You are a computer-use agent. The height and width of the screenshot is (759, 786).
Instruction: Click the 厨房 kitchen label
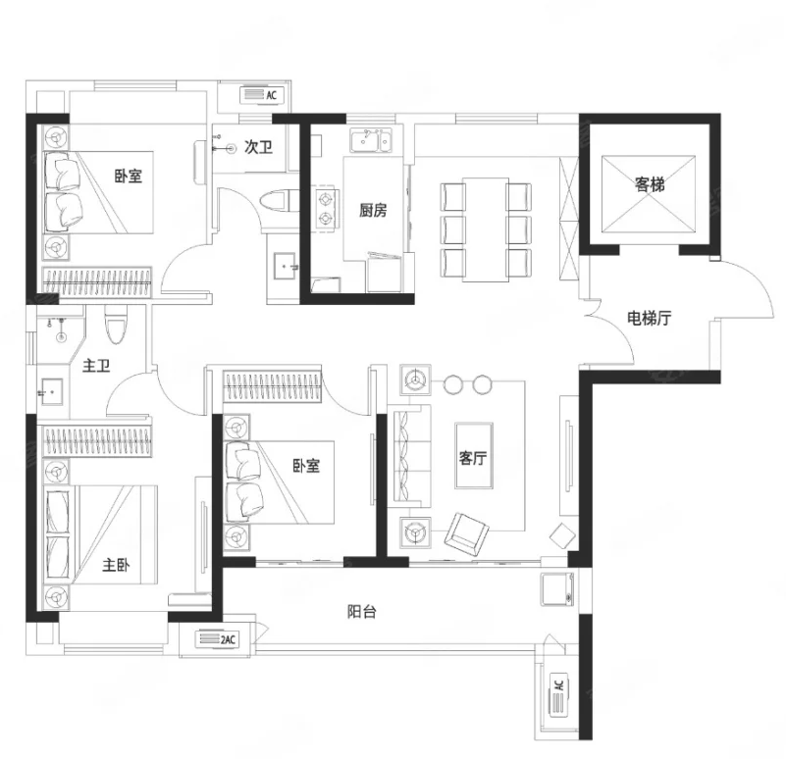[x=373, y=210]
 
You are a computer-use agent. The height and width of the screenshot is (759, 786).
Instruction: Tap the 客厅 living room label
[x=473, y=457]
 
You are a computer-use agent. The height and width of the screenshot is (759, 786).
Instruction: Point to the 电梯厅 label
[x=650, y=318]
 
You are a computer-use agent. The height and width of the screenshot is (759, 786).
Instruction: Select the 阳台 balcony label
[x=361, y=611]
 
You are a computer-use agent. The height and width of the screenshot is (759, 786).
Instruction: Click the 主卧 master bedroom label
[x=116, y=565]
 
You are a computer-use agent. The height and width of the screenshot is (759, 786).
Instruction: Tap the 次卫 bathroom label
[x=259, y=147]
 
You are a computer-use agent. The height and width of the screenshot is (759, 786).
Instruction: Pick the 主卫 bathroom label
[x=96, y=365]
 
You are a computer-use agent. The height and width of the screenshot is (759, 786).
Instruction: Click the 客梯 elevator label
[x=650, y=184]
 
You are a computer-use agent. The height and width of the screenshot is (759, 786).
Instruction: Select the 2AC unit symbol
[x=217, y=639]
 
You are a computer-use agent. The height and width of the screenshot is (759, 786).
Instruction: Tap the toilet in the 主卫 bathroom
[x=116, y=325]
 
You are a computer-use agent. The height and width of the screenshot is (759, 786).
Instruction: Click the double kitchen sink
[x=371, y=140]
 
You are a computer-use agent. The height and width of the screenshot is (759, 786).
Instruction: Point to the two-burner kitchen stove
[x=326, y=209]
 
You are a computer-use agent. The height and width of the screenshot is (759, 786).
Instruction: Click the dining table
[x=485, y=229]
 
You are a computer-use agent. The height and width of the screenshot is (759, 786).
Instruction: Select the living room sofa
[x=411, y=456]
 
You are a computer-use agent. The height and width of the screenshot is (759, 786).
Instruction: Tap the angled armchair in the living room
[x=467, y=534]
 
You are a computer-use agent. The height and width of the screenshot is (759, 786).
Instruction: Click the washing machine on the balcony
[x=557, y=589]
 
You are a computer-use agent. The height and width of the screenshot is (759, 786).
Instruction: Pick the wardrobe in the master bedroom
[x=97, y=441]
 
